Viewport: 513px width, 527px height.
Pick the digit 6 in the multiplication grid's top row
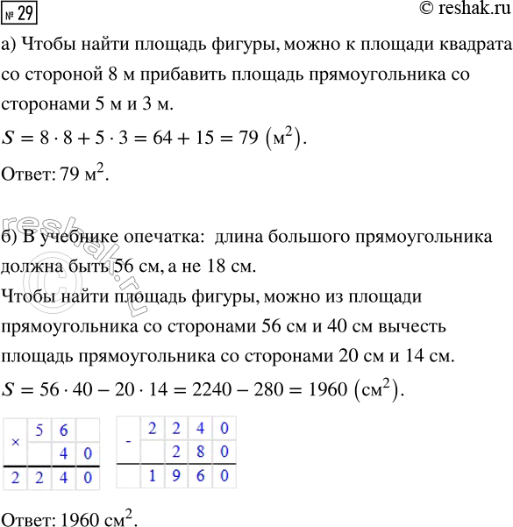64,431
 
